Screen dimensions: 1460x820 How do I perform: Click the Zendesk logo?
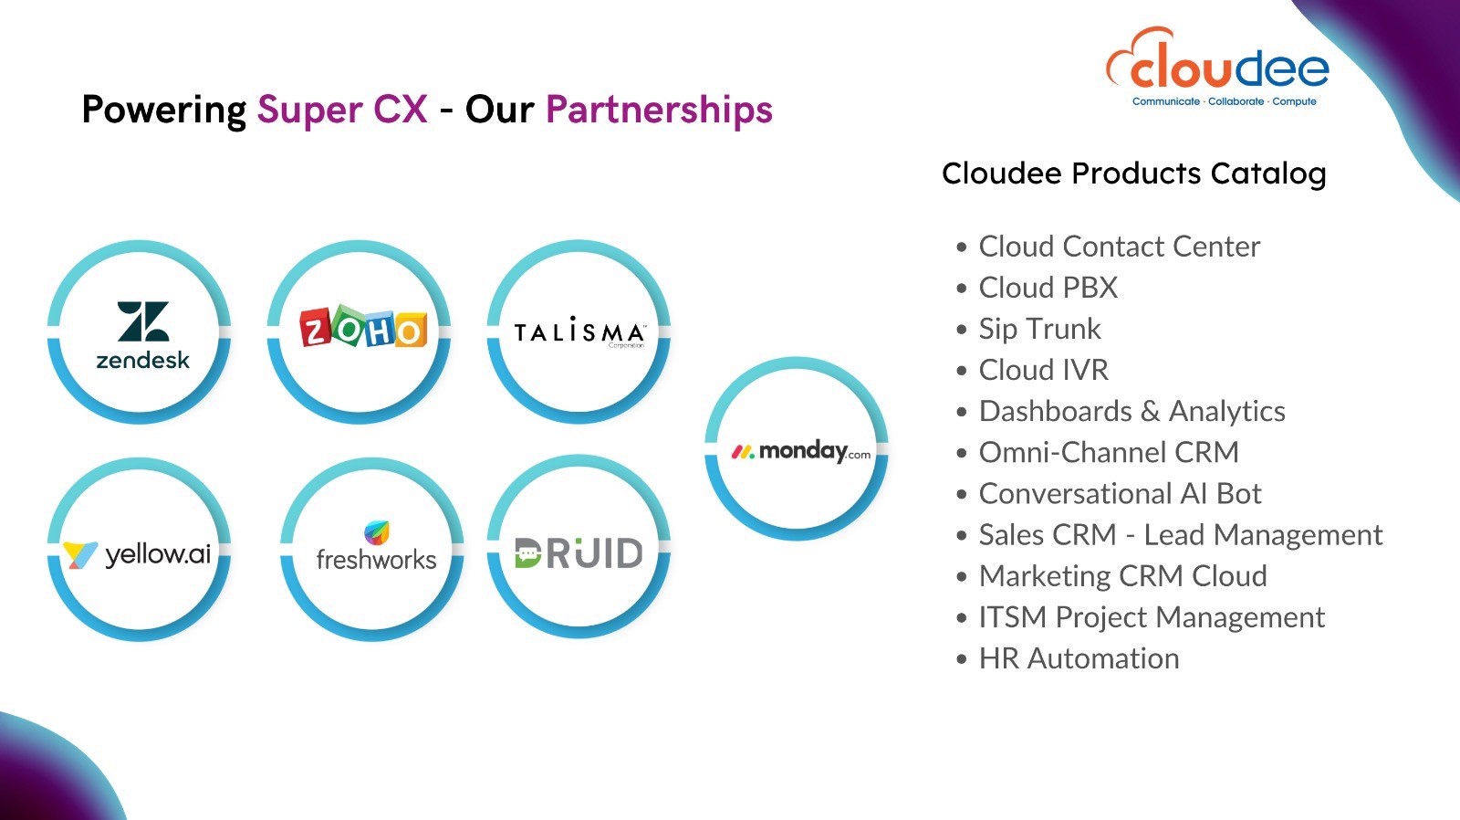click(x=142, y=335)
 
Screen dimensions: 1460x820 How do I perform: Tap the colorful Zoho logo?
click(x=363, y=326)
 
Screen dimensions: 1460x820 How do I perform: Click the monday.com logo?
click(x=801, y=451)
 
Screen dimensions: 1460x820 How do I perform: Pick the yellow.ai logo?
click(x=137, y=554)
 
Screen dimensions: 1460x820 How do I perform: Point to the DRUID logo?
click(x=579, y=553)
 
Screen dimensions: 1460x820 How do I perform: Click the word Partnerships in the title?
click(x=659, y=109)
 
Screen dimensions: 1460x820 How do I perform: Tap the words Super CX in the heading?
click(x=342, y=109)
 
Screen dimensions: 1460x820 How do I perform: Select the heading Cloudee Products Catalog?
click(x=1134, y=173)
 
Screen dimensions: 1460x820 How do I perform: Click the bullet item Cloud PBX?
click(x=1048, y=287)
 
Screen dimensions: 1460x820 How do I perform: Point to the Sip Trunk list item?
click(x=1039, y=329)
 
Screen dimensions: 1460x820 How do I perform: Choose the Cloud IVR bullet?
click(x=1044, y=370)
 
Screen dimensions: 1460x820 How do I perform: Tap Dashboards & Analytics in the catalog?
click(x=1132, y=411)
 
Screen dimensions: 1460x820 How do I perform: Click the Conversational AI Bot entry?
click(x=1120, y=493)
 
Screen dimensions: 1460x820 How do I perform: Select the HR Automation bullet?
click(x=1079, y=658)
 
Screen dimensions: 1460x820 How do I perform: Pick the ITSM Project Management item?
click(x=1152, y=617)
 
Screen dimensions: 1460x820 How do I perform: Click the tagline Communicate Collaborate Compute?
click(x=1224, y=101)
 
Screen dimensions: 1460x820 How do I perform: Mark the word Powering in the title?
click(x=163, y=110)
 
